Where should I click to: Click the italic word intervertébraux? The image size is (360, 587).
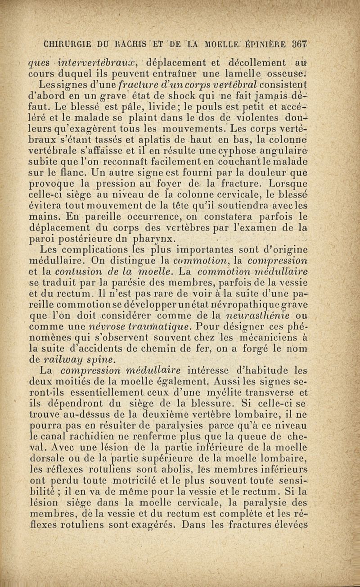[x=98, y=62]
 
